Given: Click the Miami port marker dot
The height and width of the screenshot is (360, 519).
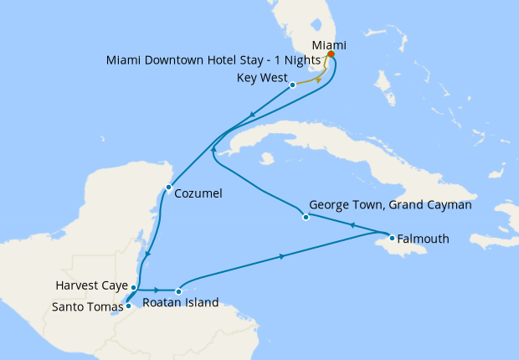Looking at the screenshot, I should (x=331, y=55).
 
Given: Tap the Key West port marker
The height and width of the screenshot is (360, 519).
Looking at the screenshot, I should (x=292, y=85).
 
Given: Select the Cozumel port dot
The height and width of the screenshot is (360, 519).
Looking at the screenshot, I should (x=169, y=187).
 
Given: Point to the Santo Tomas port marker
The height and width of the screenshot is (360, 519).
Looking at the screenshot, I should (x=128, y=306).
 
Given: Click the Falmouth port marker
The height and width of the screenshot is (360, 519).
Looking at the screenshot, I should (x=392, y=238).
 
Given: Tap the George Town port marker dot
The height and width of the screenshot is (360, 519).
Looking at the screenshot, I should (x=306, y=218).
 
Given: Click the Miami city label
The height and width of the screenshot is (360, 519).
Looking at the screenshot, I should (x=329, y=44).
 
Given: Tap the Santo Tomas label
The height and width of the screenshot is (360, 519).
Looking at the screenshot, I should (x=87, y=306).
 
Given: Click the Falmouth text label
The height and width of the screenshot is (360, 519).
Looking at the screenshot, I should (x=424, y=239).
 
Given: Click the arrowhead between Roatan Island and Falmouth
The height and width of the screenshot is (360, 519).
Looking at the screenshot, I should (x=280, y=256).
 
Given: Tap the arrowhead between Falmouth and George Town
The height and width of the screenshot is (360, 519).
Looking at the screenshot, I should (x=352, y=225).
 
